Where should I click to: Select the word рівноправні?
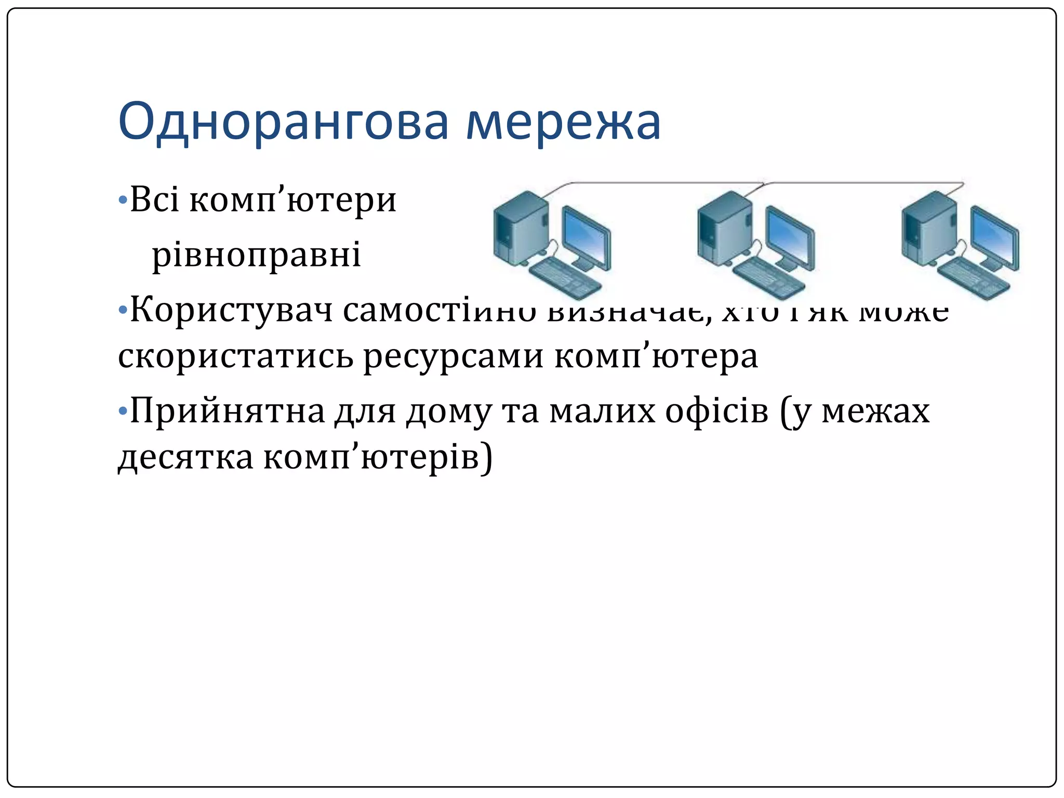[x=256, y=255]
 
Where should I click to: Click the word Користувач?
[x=231, y=310]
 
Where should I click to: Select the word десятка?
[x=185, y=457]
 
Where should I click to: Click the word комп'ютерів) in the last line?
[x=378, y=457]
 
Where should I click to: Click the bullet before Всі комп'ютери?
[x=123, y=200]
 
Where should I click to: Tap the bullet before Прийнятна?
[x=123, y=411]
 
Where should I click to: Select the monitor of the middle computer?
[x=790, y=237]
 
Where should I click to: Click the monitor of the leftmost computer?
[x=586, y=237]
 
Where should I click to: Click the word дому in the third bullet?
[x=448, y=411]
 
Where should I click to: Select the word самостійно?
[x=439, y=310]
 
